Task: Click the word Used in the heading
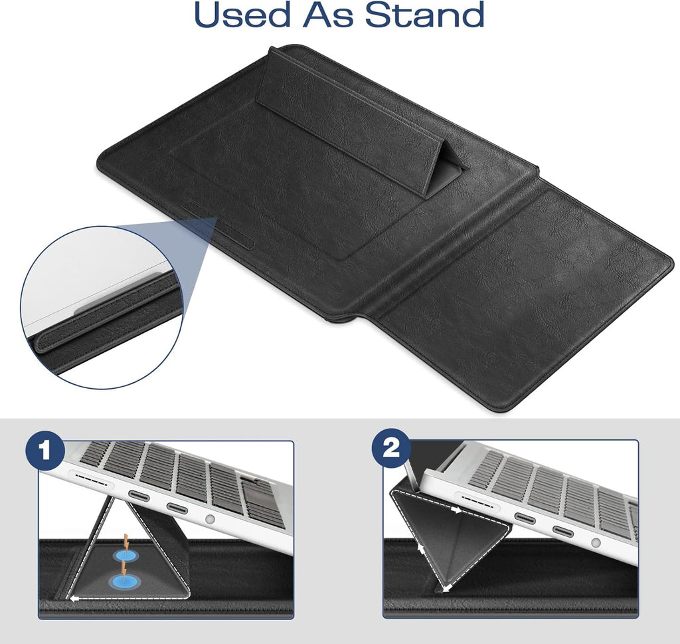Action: click(242, 15)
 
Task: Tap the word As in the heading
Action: click(328, 15)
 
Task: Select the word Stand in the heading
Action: click(424, 15)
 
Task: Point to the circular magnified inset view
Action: click(102, 307)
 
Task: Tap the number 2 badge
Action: click(392, 449)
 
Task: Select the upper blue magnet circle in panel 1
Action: click(124, 555)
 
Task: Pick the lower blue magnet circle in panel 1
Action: click(122, 581)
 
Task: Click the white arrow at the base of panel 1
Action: click(75, 598)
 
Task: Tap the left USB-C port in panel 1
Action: click(138, 496)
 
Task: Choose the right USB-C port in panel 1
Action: click(177, 507)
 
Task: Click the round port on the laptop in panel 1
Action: click(211, 518)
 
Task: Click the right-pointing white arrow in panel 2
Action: click(457, 510)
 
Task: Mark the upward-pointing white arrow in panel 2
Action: click(420, 548)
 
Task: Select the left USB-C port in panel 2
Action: click(526, 518)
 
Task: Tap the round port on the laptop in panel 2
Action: click(596, 542)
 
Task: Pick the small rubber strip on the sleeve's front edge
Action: click(218, 225)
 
